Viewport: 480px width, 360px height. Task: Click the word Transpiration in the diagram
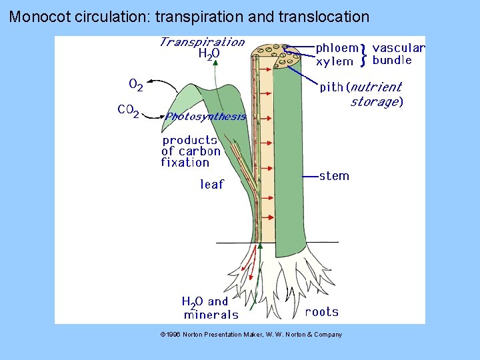click(x=202, y=42)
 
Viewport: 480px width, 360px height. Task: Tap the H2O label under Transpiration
click(x=209, y=55)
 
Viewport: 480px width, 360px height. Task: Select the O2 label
click(x=135, y=85)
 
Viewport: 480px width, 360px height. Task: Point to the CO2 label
click(x=128, y=110)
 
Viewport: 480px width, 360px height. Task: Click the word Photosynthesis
click(x=206, y=117)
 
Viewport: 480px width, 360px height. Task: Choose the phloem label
click(x=337, y=48)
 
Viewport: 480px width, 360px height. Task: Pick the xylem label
click(x=335, y=61)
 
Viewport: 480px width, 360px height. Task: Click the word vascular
click(x=398, y=48)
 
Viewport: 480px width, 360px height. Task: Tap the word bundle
click(x=392, y=61)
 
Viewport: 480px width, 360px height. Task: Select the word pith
click(x=331, y=87)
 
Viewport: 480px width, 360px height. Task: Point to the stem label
click(x=334, y=176)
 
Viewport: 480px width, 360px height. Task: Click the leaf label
click(x=212, y=184)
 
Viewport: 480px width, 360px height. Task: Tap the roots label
click(x=322, y=311)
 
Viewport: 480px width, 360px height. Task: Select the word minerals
click(x=211, y=315)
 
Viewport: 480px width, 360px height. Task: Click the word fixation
click(x=185, y=162)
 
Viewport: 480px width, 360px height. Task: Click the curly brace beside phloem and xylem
click(x=363, y=55)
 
